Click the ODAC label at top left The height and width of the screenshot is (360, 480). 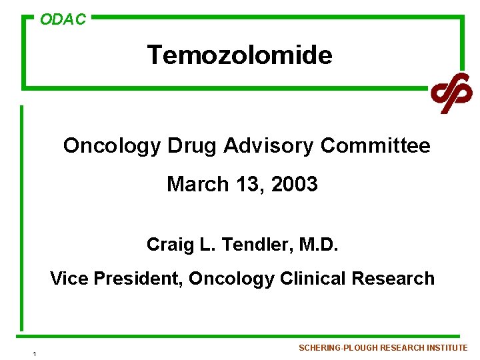tap(63, 20)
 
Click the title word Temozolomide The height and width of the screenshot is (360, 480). tap(239, 55)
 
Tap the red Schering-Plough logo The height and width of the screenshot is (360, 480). tap(451, 93)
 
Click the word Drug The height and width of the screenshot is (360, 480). tap(192, 145)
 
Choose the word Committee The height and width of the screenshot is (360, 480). tap(375, 145)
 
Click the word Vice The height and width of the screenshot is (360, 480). tap(69, 279)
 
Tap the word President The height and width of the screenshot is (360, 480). tap(137, 279)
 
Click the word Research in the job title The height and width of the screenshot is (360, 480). tap(393, 279)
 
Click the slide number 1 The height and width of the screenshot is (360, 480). tap(33, 353)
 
